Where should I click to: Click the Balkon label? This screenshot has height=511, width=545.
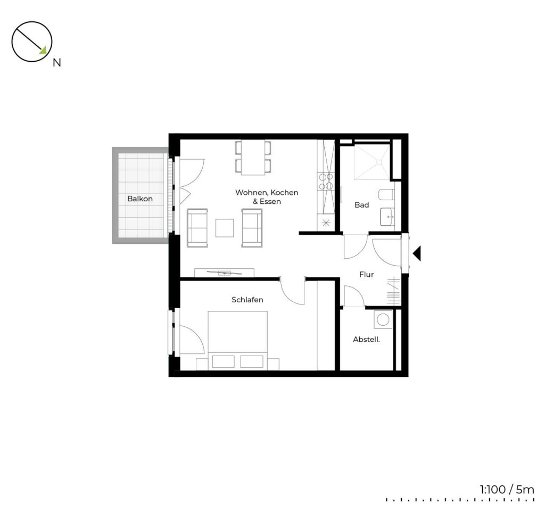[140, 199]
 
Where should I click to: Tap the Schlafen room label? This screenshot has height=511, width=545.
[247, 300]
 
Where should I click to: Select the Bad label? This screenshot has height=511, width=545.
[361, 205]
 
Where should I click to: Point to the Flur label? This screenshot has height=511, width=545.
[366, 275]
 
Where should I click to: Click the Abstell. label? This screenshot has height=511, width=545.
[366, 340]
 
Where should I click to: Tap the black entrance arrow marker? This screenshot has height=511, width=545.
[417, 253]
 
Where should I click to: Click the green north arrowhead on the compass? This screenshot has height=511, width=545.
[43, 51]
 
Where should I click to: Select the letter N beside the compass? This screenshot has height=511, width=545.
[56, 63]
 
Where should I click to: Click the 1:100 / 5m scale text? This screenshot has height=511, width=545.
[507, 490]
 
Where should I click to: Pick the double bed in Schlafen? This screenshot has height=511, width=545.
[238, 341]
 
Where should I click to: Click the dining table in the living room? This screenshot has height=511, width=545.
[253, 158]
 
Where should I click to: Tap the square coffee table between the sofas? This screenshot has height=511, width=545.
[225, 228]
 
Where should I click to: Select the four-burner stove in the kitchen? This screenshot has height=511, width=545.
[326, 182]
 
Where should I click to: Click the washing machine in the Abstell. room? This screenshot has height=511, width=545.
[383, 319]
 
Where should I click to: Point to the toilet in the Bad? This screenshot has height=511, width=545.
[386, 195]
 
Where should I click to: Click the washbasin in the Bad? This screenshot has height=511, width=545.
[387, 217]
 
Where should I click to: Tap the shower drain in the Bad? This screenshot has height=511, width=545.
[378, 162]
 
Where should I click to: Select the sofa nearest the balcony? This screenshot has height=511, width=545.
[197, 228]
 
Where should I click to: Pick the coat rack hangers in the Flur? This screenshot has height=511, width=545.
[393, 291]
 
